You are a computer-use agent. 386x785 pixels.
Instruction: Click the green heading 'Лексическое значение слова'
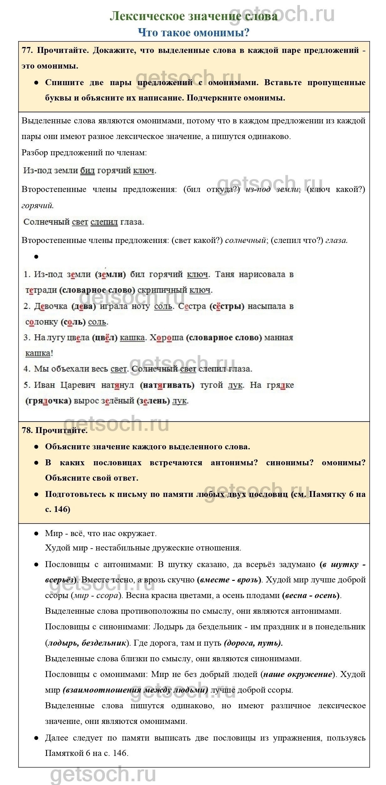pos(193,16)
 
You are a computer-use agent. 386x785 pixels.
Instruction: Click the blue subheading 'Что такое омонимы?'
pos(193,33)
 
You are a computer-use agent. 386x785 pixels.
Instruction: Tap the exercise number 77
pos(27,50)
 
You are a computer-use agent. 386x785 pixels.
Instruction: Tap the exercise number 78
pos(27,430)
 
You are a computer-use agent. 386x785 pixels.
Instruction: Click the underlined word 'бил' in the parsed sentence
pos(87,171)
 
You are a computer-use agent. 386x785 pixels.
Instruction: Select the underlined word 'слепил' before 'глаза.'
pos(104,222)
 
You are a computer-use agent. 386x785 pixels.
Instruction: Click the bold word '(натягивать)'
pos(167,385)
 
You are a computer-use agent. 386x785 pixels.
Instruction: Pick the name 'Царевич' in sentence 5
pos(78,385)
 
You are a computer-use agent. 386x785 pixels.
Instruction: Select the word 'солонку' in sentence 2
pos(42,322)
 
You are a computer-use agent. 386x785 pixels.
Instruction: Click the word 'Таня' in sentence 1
pos(224,275)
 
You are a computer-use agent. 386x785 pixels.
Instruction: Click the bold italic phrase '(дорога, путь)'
pos(253,643)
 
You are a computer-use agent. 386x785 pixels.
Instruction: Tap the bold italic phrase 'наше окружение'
pos(298,674)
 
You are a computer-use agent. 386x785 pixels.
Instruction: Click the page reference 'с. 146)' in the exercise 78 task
pos(58,509)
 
